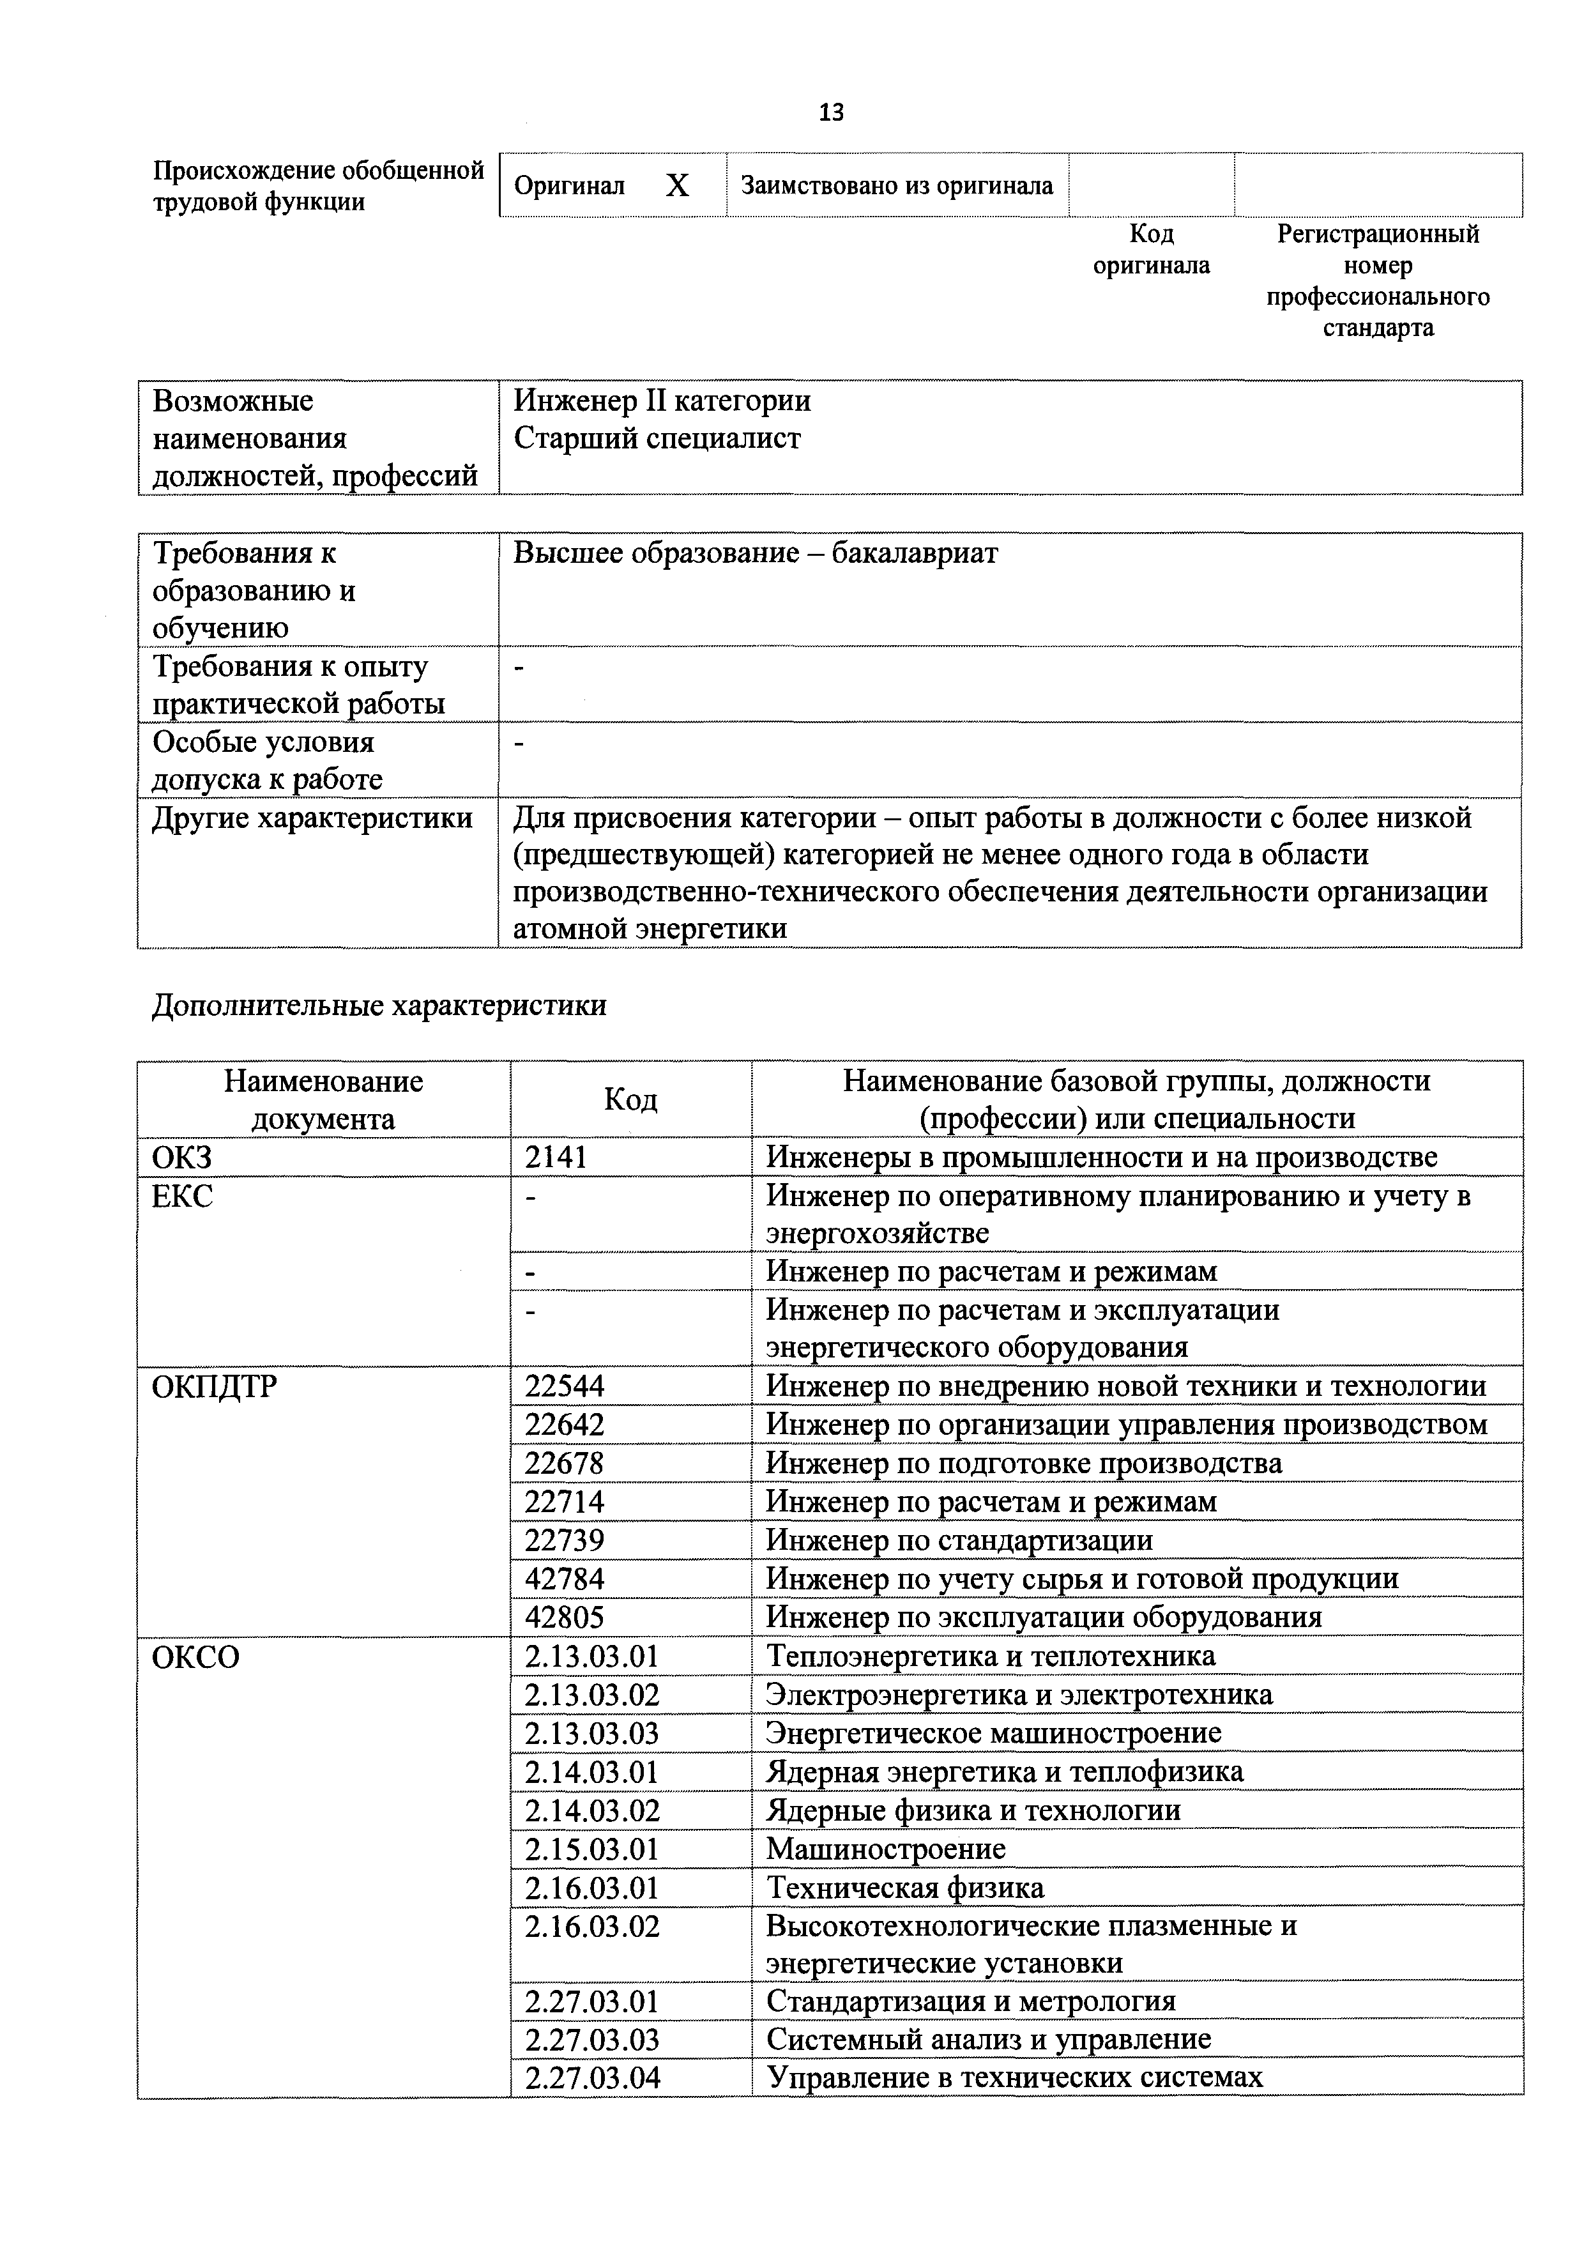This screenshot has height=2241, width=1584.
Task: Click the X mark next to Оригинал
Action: click(x=676, y=185)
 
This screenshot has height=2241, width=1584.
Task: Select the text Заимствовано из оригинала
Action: click(x=896, y=185)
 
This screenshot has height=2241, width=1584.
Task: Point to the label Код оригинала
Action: click(x=1151, y=249)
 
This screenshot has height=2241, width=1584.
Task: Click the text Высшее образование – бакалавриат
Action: click(x=756, y=553)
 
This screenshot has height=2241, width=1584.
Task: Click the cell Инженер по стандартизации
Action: click(x=959, y=1540)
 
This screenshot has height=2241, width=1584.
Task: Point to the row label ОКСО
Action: click(x=195, y=1656)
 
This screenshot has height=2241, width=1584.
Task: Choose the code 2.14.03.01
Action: click(x=591, y=1771)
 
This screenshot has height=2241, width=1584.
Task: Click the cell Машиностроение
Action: click(x=885, y=1849)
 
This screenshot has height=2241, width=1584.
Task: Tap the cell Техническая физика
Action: click(x=904, y=1888)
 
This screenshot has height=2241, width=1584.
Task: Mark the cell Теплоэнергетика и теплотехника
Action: click(x=991, y=1656)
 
